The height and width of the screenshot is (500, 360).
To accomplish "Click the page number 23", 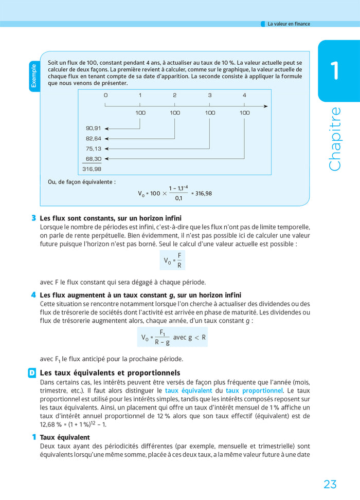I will [330, 484].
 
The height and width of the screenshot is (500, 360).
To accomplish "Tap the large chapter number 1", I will [335, 70].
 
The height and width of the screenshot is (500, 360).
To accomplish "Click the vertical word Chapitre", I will [335, 139].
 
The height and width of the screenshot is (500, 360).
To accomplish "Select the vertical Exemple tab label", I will [34, 76].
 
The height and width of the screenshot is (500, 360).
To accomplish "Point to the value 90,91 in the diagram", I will [93, 128].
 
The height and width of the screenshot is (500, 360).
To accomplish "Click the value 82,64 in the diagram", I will [93, 138].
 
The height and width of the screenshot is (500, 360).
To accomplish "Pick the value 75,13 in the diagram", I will [93, 149].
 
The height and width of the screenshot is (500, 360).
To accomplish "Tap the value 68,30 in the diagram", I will [93, 159].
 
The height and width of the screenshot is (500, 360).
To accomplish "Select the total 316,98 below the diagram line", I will [92, 169].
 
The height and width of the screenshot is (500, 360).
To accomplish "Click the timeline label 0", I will [105, 95].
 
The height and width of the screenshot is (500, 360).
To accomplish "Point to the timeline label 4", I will [244, 95].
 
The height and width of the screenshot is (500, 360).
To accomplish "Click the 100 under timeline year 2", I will [175, 113].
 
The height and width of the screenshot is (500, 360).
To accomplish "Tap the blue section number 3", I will [33, 218].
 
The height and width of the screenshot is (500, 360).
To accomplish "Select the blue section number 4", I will [33, 295].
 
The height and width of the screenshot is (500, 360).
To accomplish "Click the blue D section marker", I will [32, 373].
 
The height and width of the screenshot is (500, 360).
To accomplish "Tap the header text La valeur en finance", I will [289, 24].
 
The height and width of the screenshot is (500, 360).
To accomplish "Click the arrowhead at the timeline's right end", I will [265, 106].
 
